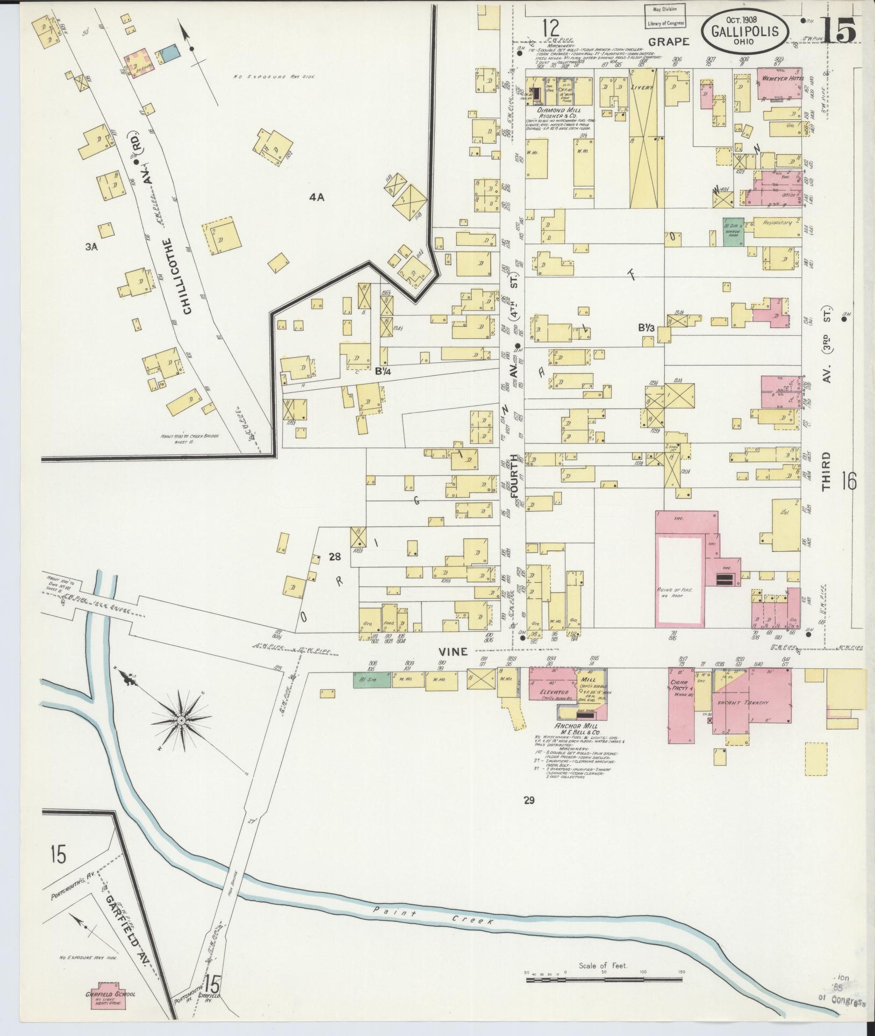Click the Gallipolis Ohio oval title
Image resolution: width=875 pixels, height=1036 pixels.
click(x=745, y=30)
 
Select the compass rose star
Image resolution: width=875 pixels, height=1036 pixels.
click(x=181, y=720)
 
